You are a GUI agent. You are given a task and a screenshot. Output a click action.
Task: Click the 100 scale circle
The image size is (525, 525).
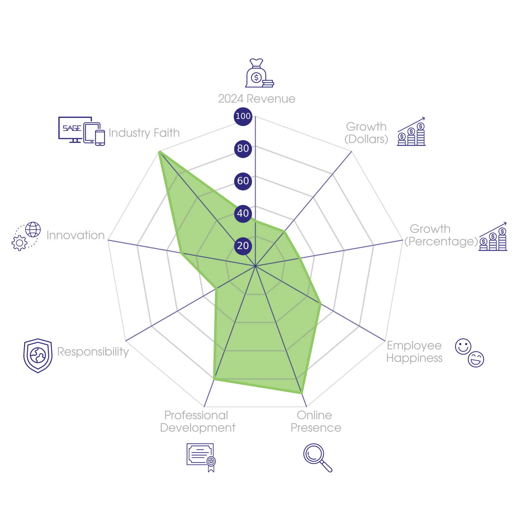tap(243, 116)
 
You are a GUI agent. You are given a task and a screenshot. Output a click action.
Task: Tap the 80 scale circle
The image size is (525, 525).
tap(243, 148)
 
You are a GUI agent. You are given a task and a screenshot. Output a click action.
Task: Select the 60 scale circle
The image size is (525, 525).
tap(243, 181)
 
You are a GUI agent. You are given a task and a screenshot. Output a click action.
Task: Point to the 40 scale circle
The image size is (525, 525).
tap(243, 213)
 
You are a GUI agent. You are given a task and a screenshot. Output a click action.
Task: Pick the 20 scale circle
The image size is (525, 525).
tap(243, 246)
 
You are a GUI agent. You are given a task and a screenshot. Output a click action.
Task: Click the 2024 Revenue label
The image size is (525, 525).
tap(257, 99)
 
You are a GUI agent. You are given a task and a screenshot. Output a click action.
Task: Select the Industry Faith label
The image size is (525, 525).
tap(144, 133)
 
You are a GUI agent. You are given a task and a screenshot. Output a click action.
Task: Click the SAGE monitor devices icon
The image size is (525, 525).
tap(81, 131)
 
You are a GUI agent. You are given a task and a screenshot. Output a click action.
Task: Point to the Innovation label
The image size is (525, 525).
tap(75, 235)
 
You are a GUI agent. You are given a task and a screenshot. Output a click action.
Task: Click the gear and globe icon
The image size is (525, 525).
tap(26, 236)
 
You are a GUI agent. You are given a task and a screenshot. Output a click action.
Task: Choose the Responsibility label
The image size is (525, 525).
tap(93, 351)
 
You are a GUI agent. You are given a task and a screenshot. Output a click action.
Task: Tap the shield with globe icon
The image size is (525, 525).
tap(38, 356)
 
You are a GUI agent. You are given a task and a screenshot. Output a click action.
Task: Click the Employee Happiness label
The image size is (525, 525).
tap(414, 351)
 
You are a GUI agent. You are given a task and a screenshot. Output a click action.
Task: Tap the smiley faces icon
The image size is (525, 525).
tap(470, 353)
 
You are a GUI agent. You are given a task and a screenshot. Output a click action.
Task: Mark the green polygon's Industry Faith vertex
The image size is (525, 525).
tap(159, 151)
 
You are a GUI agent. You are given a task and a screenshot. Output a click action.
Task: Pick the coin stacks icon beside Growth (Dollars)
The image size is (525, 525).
tap(411, 132)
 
